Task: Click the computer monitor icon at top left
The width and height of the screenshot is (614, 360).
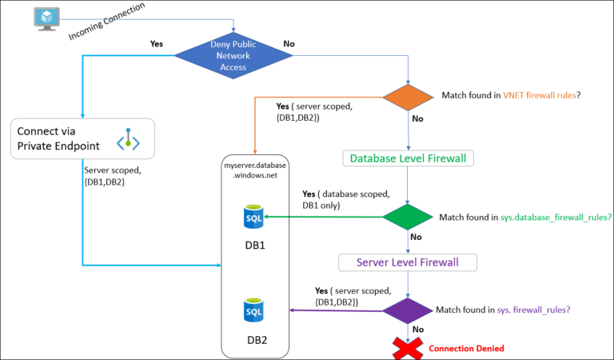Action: pyautogui.click(x=48, y=17)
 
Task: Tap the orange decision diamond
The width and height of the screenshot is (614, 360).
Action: pyautogui.click(x=409, y=97)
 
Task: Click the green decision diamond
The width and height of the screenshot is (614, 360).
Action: pyautogui.click(x=409, y=217)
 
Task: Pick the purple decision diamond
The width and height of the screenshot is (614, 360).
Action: pyautogui.click(x=409, y=310)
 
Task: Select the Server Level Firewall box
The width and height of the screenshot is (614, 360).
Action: pyautogui.click(x=408, y=262)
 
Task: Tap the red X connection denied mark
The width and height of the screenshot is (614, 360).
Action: pyautogui.click(x=408, y=348)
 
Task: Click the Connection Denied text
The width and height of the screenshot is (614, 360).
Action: pyautogui.click(x=466, y=349)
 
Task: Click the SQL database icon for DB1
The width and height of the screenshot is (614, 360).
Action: pyautogui.click(x=253, y=216)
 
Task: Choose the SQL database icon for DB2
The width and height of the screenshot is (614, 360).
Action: pyautogui.click(x=253, y=310)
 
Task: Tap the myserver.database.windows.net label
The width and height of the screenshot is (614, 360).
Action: pyautogui.click(x=254, y=170)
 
